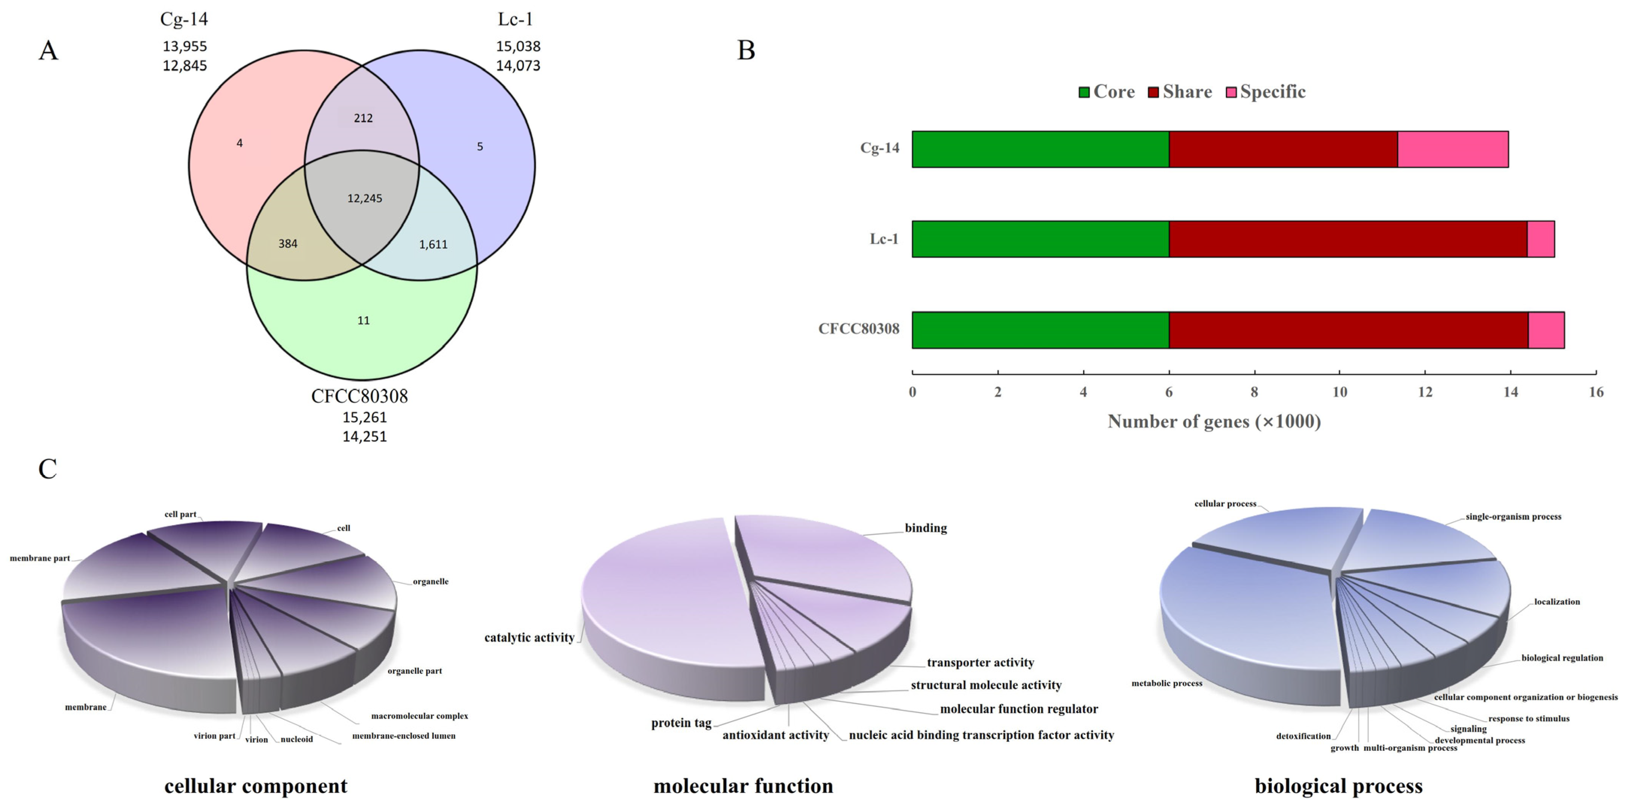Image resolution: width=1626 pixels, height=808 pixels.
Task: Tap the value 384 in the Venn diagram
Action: tap(288, 243)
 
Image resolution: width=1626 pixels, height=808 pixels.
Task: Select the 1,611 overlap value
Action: tap(433, 244)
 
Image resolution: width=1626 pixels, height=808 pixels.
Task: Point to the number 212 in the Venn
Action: tap(363, 118)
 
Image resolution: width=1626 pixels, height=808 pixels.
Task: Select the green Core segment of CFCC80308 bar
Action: tap(1040, 330)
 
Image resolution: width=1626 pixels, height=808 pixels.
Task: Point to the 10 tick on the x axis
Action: tap(1340, 392)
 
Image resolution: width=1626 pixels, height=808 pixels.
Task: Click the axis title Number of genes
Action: tap(1214, 421)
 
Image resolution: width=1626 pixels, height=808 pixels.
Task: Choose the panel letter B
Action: tap(746, 50)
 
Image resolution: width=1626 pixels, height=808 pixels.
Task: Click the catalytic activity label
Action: tap(529, 638)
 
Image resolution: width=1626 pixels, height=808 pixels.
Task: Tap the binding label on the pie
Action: tap(925, 528)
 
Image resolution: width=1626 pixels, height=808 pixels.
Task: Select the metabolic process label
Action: tap(1167, 683)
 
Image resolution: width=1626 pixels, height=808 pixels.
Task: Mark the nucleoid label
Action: tap(297, 739)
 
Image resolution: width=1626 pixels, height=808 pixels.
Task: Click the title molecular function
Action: tap(743, 786)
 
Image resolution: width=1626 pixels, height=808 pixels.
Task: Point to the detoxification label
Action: tap(1303, 736)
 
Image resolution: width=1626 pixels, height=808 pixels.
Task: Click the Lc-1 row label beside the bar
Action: tap(884, 239)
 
